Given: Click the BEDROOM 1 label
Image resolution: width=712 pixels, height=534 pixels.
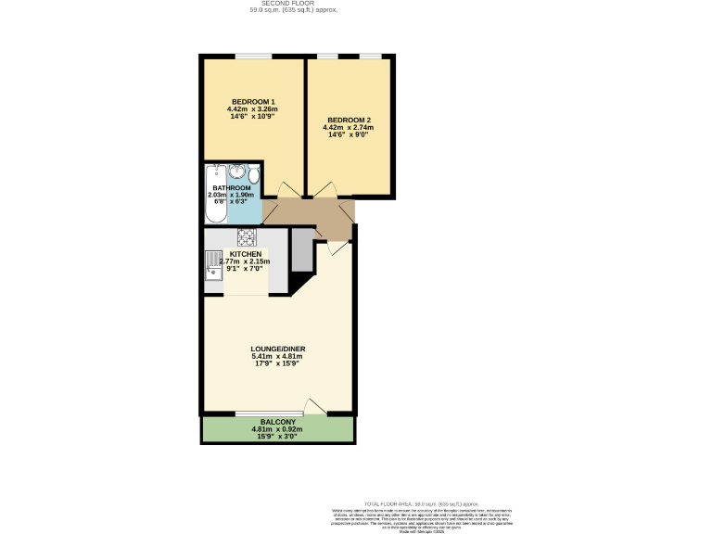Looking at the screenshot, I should pyautogui.click(x=253, y=101).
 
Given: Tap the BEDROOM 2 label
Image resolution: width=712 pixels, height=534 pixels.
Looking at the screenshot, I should pyautogui.click(x=349, y=120).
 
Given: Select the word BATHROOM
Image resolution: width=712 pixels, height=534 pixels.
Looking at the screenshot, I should pyautogui.click(x=232, y=188).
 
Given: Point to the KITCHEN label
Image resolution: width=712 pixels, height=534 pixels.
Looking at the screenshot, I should pyautogui.click(x=246, y=254).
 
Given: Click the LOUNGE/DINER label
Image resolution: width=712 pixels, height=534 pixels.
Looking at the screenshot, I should pyautogui.click(x=278, y=349).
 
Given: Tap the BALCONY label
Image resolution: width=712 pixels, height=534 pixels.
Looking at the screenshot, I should pyautogui.click(x=278, y=422).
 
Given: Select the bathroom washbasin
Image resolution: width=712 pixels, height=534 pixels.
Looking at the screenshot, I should pyautogui.click(x=236, y=172).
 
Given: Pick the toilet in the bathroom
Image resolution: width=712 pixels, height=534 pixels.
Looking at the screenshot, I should pyautogui.click(x=253, y=173).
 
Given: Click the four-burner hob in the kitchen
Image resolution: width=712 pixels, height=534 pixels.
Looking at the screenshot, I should pyautogui.click(x=246, y=235).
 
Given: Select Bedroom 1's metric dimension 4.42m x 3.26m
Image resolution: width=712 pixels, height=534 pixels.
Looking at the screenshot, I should pyautogui.click(x=253, y=109).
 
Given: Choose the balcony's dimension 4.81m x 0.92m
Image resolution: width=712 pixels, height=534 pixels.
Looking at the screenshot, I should pyautogui.click(x=278, y=429).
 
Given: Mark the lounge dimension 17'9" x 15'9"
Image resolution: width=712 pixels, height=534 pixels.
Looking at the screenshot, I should pyautogui.click(x=278, y=363).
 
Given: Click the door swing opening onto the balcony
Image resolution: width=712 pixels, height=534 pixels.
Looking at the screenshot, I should pyautogui.click(x=315, y=406).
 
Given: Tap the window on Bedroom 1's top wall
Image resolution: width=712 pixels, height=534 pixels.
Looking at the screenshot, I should pyautogui.click(x=253, y=57).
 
